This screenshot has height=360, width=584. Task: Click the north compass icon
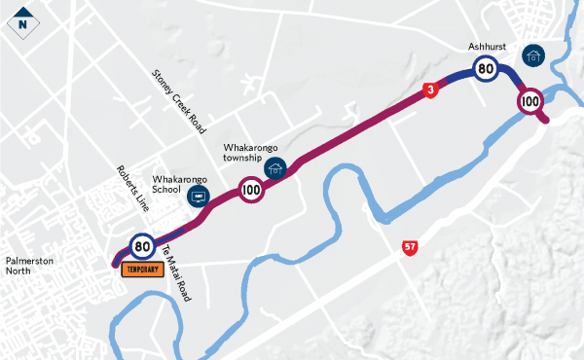point(21,20)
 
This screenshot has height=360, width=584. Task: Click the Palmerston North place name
point(32,265)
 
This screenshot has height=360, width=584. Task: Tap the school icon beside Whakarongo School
point(201,197)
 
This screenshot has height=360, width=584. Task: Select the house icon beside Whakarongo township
point(276,168)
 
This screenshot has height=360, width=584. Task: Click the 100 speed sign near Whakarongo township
point(250,190)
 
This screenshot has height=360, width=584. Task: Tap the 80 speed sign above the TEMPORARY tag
point(142,245)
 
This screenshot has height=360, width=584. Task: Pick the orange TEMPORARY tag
point(140,270)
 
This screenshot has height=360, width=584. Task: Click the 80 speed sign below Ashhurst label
point(486,68)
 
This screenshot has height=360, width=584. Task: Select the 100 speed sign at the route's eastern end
point(530,100)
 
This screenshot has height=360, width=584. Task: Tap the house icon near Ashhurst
point(532,55)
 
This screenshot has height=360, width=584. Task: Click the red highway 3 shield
point(429,90)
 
